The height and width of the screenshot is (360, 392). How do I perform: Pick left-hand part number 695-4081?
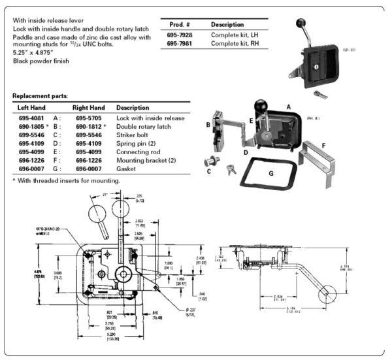[31, 118]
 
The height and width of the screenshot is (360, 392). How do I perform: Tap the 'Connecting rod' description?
[138, 150]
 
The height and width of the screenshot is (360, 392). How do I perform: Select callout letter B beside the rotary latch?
[208, 122]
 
